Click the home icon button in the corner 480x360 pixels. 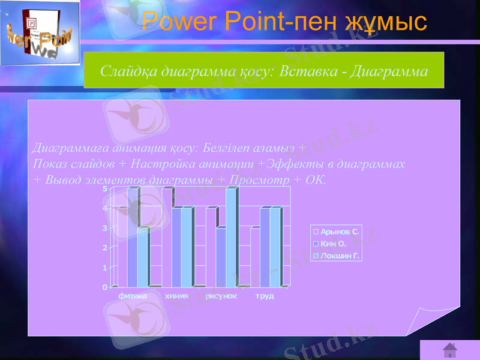click(449, 350)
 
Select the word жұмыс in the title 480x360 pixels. click(386, 22)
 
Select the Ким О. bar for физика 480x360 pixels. click(133, 237)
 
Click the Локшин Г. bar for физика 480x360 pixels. click(143, 256)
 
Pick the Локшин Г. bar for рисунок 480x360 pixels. click(231, 237)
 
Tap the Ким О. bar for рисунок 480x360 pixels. click(221, 256)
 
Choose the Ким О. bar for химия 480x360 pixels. click(177, 246)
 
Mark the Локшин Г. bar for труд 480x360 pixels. click(275, 246)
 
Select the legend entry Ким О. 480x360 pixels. click(334, 243)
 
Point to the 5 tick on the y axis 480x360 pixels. click(105, 189)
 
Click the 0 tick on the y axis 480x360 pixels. click(105, 287)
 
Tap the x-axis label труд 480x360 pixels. click(265, 296)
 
